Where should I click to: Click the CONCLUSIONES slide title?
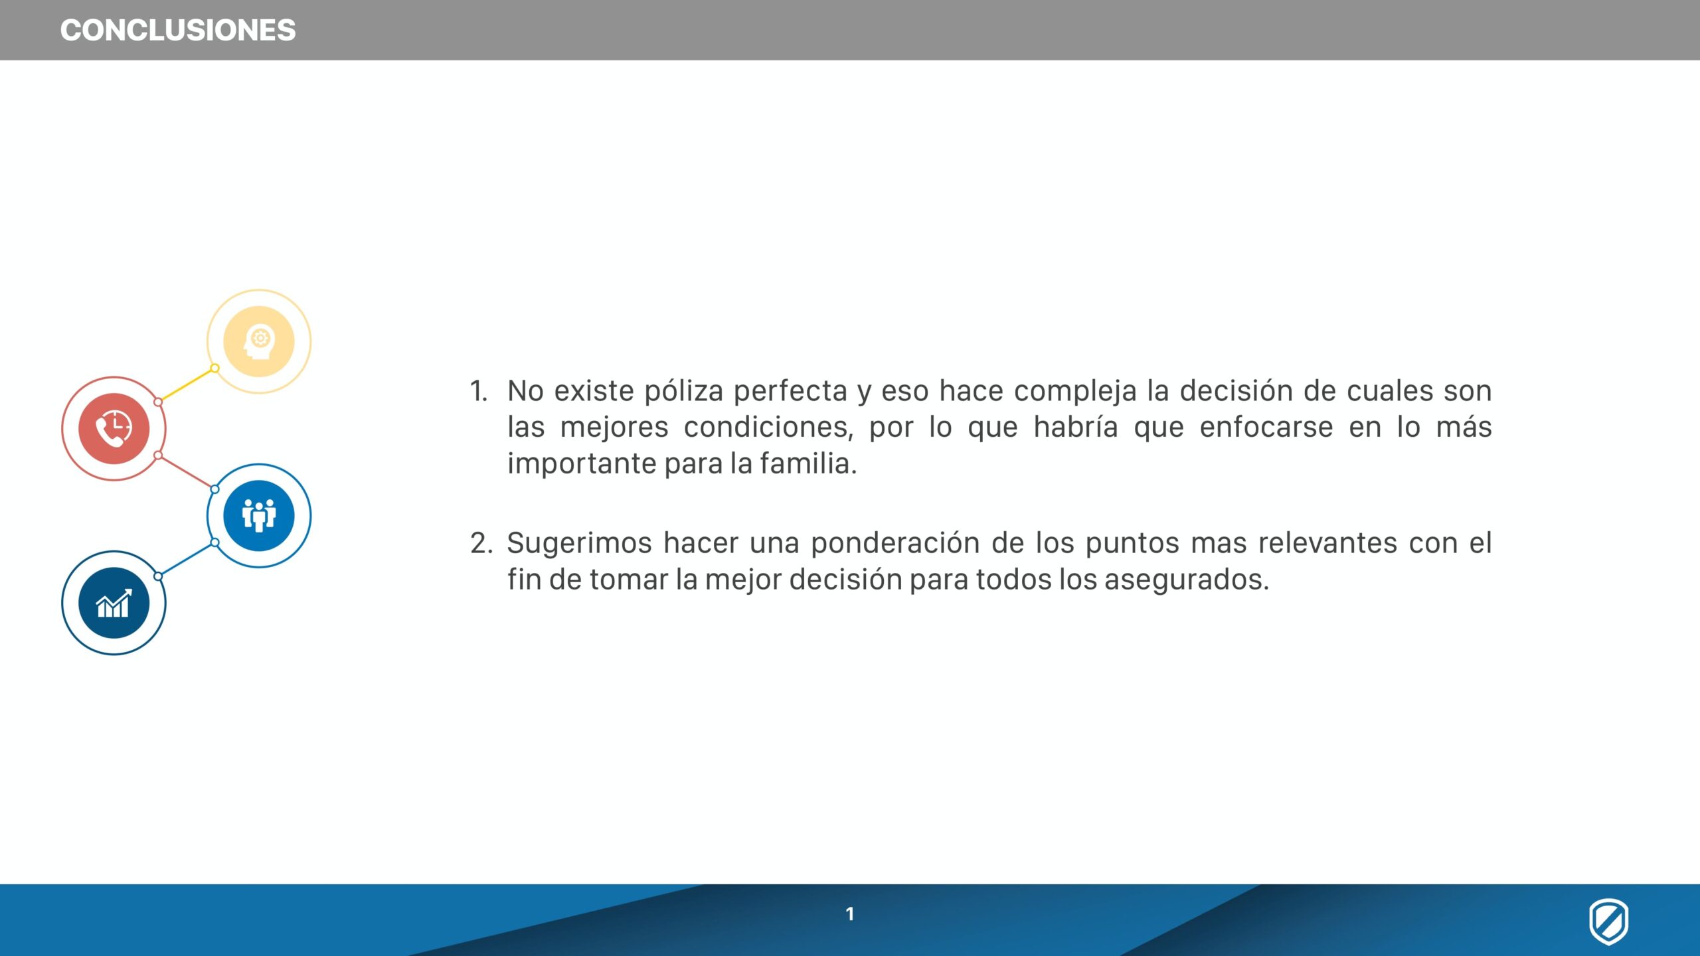coord(178,31)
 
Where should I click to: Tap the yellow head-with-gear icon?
coord(259,341)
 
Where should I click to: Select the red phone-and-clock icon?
coord(114,428)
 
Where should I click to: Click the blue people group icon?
coord(259,515)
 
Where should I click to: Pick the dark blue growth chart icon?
coord(114,603)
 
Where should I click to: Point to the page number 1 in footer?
coord(849,914)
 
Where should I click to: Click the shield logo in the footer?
coord(1608,921)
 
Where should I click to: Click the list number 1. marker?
coord(479,391)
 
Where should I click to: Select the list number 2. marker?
coord(481,543)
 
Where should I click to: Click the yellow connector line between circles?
coord(187,385)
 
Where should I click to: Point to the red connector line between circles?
coord(187,472)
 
